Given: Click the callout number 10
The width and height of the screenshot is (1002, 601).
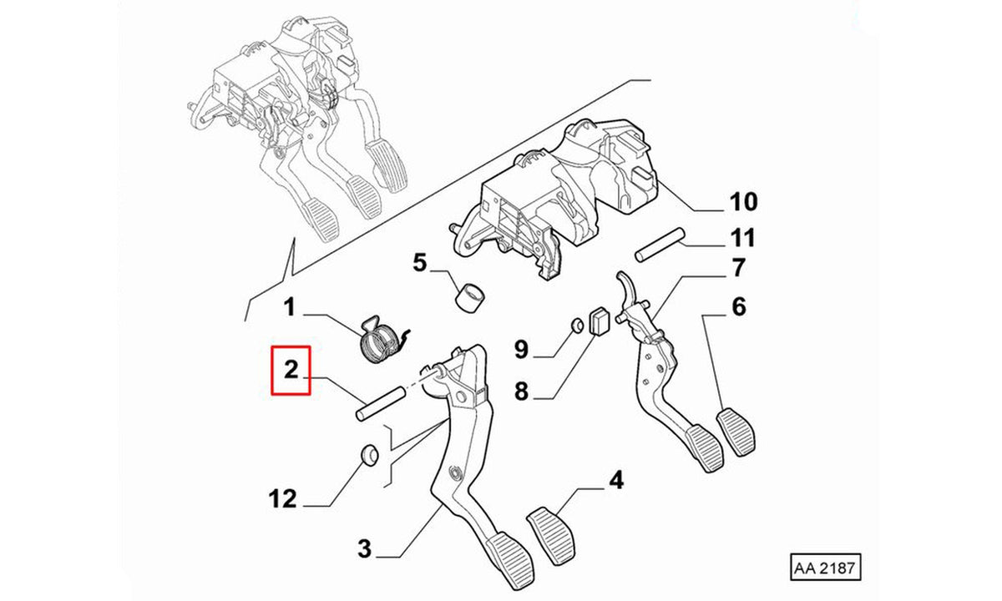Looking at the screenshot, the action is point(744,202).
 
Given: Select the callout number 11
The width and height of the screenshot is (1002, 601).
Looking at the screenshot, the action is point(742,237).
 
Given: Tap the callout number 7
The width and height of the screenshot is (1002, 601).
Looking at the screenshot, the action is point(738,267).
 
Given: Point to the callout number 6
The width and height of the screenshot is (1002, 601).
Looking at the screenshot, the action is point(739,307).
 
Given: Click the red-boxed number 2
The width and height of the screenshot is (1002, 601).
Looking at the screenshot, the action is point(291,371).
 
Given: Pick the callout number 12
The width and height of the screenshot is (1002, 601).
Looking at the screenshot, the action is point(283,498).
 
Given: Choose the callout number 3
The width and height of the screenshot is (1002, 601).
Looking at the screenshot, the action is point(365,548).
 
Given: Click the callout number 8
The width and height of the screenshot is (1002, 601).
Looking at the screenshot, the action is point(522,391).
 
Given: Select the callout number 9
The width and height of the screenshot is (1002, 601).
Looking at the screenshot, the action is point(522,349).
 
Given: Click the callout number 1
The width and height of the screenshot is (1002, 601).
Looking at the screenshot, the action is point(290,308).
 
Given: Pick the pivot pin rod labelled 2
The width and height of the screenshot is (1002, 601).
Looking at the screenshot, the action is point(381,404).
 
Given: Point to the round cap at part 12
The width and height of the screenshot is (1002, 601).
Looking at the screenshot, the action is point(369,455).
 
